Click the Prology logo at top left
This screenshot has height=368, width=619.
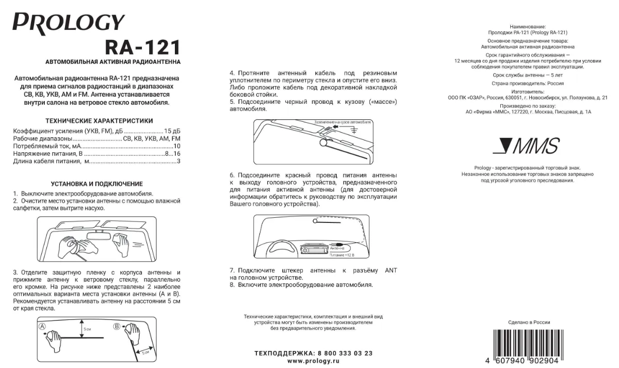(69, 23)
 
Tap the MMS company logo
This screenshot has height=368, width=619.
(525, 147)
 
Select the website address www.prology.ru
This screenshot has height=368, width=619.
(313, 361)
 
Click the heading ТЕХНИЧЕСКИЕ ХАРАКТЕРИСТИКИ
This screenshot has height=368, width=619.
(99, 121)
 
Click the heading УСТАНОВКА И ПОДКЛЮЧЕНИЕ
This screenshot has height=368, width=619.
(97, 184)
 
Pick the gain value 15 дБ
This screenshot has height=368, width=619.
(172, 131)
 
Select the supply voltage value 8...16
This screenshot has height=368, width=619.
(172, 154)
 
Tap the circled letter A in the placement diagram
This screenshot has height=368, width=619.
(43, 326)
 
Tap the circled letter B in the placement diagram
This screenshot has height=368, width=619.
(117, 326)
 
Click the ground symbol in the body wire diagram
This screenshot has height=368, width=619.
(354, 131)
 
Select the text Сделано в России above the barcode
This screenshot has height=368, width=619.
(529, 322)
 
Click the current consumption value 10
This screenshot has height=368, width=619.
(176, 146)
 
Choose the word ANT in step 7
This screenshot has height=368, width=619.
(391, 270)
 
